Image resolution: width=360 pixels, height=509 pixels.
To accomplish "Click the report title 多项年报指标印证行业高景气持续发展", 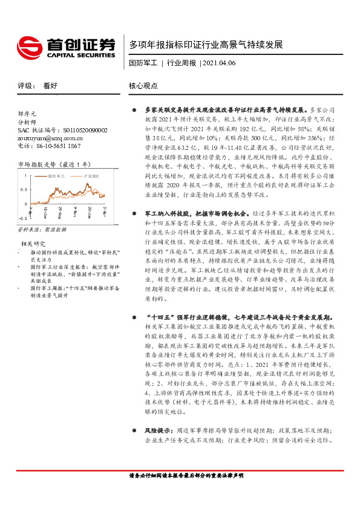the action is (x=206, y=45).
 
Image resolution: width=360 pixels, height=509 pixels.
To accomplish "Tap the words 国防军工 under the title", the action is (x=143, y=62).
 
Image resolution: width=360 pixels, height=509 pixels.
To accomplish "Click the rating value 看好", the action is (x=50, y=86).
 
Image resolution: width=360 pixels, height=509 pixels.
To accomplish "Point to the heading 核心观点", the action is (x=143, y=86).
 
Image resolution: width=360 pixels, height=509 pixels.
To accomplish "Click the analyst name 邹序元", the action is (x=28, y=113).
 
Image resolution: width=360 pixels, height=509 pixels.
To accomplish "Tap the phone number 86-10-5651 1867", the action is (x=58, y=146).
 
